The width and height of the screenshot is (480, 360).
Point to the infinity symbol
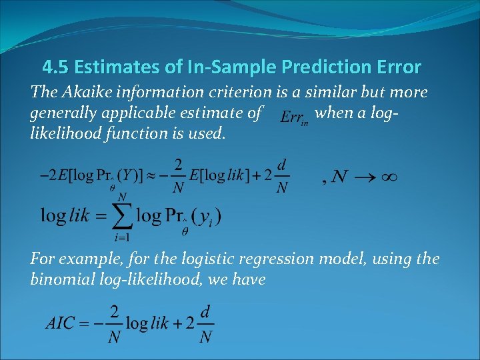tap(389, 177)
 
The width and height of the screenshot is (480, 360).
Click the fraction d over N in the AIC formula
tap(206, 323)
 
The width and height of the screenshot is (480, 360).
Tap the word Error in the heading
tap(398, 67)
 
